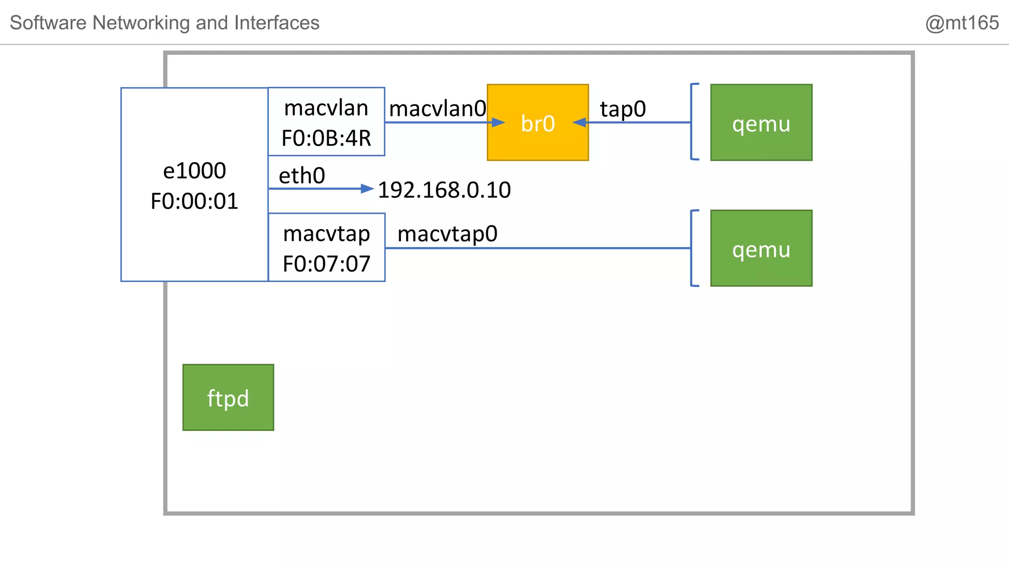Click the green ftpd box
click(228, 397)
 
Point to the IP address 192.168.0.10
click(444, 190)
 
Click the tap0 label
click(623, 109)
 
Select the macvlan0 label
click(437, 108)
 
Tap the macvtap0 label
click(447, 234)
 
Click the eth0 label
click(302, 176)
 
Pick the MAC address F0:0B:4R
click(326, 139)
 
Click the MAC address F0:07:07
click(326, 264)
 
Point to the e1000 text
click(195, 171)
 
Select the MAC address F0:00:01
click(195, 201)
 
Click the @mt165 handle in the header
click(962, 23)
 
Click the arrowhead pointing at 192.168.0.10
click(367, 188)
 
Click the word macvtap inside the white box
click(326, 234)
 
